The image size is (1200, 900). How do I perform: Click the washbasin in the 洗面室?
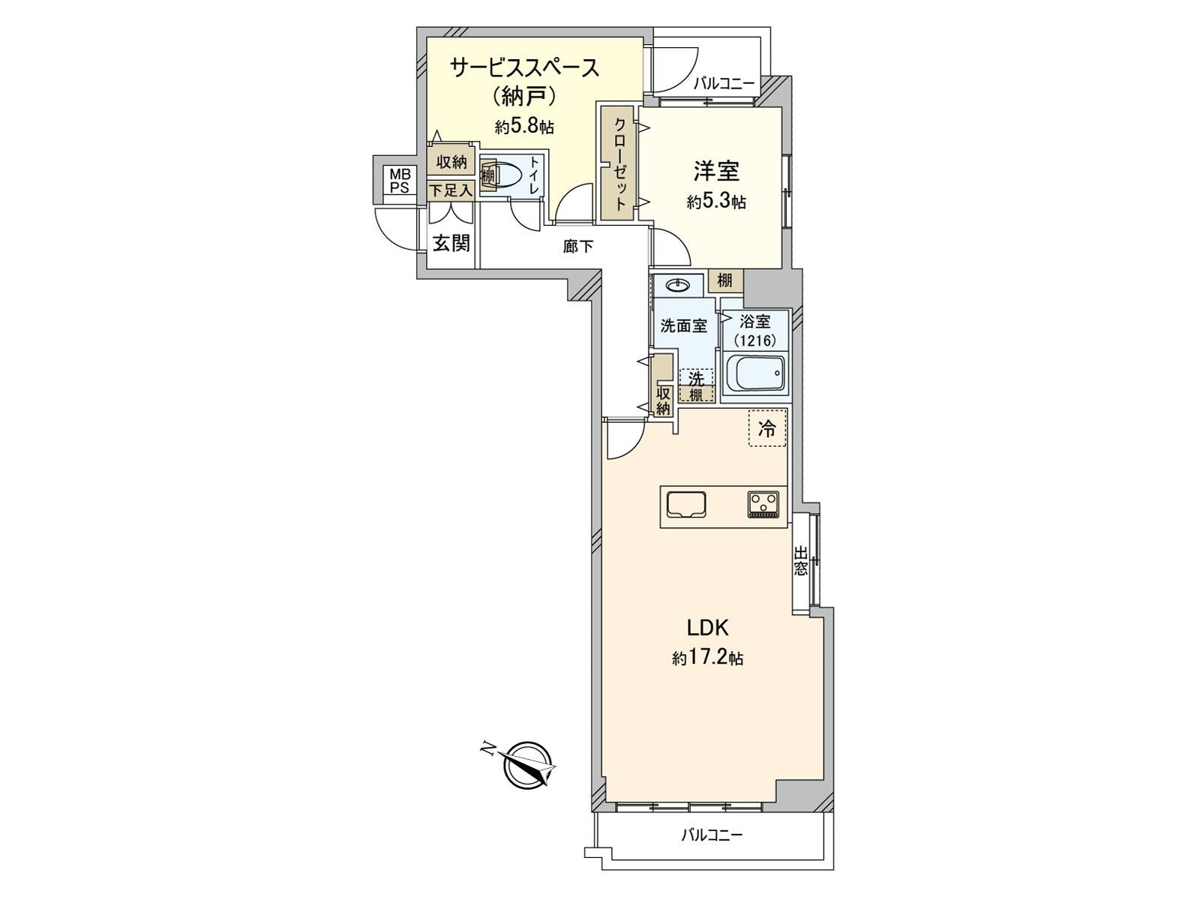click(x=678, y=284)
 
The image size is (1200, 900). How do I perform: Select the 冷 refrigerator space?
click(x=767, y=429)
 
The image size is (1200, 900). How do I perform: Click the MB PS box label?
click(x=399, y=181)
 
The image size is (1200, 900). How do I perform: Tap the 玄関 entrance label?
click(x=451, y=243)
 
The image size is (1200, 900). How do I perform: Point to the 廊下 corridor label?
click(x=577, y=246)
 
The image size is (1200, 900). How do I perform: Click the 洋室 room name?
click(x=716, y=172)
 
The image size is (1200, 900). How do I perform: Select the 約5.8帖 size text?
click(x=524, y=126)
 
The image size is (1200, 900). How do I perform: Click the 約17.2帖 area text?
click(x=708, y=658)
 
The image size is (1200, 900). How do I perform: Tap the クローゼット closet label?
click(x=620, y=163)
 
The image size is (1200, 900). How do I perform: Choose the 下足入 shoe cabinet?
click(x=451, y=190)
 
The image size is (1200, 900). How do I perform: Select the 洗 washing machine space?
click(x=697, y=379)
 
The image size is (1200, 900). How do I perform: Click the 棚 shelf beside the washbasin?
click(x=724, y=281)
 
